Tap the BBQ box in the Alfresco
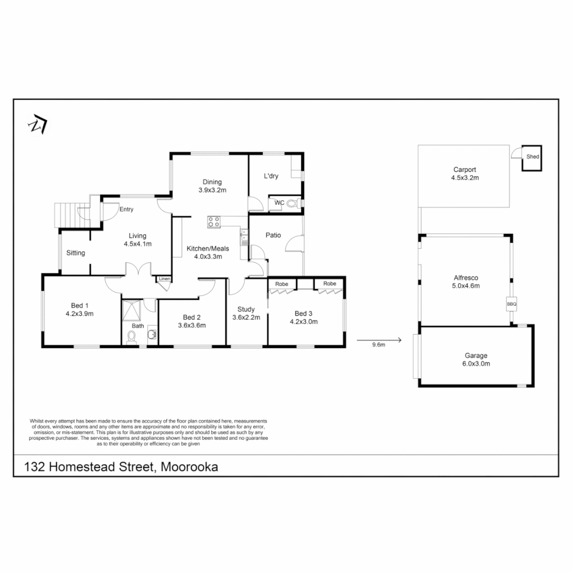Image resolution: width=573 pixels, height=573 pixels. (x=511, y=304)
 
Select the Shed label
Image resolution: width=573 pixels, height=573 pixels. (x=532, y=157)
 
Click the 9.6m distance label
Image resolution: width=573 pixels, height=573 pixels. (x=378, y=344)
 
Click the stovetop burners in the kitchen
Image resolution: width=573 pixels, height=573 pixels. (x=214, y=221)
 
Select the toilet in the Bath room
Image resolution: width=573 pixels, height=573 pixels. (x=131, y=336)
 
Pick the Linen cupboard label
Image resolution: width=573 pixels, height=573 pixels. (x=164, y=279)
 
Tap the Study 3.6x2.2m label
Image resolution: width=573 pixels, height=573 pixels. (x=246, y=313)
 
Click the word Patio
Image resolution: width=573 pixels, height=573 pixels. (x=273, y=235)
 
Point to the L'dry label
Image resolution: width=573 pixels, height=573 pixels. (x=271, y=176)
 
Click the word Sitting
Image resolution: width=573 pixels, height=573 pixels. (x=76, y=253)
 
